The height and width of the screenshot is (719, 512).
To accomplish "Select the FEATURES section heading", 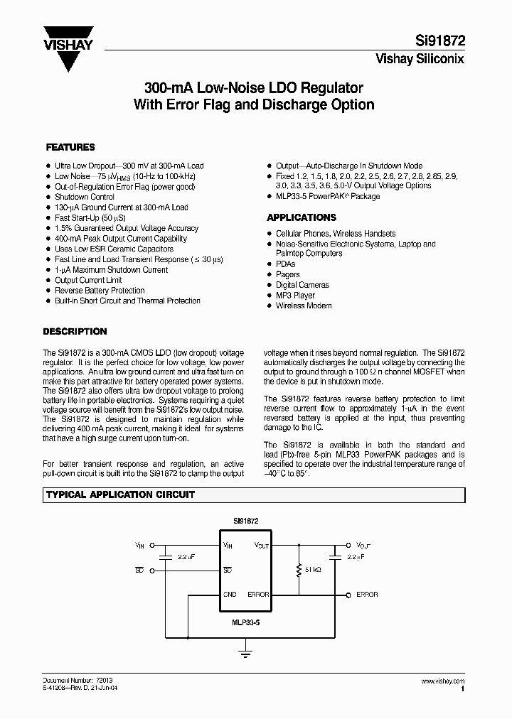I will tap(70, 147).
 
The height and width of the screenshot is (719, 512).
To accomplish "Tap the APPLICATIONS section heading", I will tap(301, 217).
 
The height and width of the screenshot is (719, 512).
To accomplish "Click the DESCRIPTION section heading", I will tap(75, 331).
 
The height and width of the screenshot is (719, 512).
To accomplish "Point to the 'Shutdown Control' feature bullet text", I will tap(85, 197).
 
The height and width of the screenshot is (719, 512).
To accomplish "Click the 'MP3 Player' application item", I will tap(295, 295).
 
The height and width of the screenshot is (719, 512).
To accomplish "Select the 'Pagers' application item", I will tap(287, 274).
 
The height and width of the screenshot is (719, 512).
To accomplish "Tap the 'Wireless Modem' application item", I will tap(304, 306).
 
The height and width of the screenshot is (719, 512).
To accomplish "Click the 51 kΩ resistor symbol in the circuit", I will tap(299, 569).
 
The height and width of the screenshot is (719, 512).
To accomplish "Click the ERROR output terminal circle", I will tap(348, 594).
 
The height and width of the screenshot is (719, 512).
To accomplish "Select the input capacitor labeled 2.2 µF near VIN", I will tap(165, 558).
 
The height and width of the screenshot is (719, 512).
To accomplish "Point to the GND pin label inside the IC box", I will tap(230, 594).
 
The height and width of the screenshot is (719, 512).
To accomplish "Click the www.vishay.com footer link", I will tap(444, 681).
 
